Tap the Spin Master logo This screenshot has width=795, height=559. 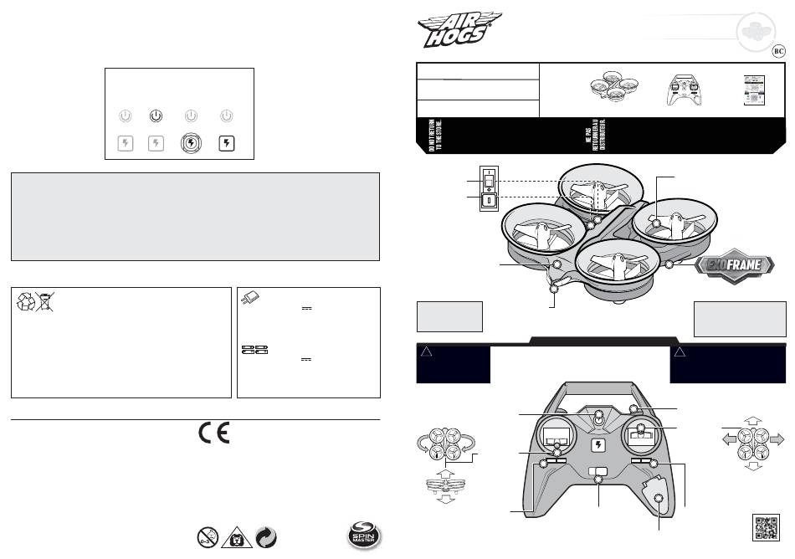click(364, 535)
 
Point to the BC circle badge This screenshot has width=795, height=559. click(777, 49)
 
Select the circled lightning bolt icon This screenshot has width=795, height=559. click(192, 142)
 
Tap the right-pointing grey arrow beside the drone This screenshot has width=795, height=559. click(776, 438)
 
